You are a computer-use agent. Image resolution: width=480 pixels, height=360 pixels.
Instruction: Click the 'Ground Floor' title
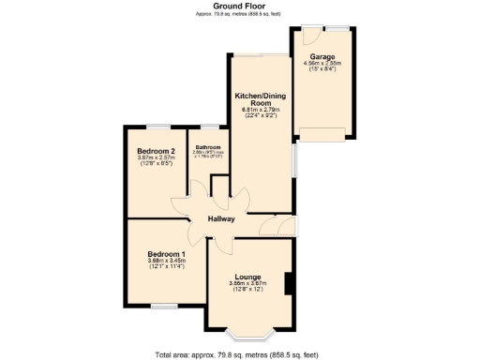[x=239, y=6]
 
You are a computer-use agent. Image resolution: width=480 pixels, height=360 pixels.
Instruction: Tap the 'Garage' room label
[x=322, y=56]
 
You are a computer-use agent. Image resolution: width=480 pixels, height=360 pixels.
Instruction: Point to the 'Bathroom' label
[x=207, y=147]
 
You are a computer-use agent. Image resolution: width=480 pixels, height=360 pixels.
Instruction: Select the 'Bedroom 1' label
[x=165, y=254]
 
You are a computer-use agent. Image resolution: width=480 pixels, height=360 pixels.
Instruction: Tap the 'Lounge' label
[x=249, y=277]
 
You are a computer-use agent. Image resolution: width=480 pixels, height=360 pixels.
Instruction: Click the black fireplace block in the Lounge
[x=290, y=282]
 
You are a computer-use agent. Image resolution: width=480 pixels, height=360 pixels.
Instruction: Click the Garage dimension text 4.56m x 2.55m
[x=322, y=64]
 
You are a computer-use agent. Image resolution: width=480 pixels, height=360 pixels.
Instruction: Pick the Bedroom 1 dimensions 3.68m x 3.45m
[x=165, y=261]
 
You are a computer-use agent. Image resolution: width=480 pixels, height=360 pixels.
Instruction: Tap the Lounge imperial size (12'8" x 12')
[x=249, y=290]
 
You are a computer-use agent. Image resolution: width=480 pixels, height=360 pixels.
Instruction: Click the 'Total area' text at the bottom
[x=240, y=353]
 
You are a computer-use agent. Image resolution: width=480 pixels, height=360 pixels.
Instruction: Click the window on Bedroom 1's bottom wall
[x=165, y=306]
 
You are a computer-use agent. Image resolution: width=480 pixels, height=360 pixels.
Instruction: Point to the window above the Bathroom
[x=207, y=125]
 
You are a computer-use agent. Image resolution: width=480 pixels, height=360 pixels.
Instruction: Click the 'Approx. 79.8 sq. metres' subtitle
[x=239, y=14]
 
